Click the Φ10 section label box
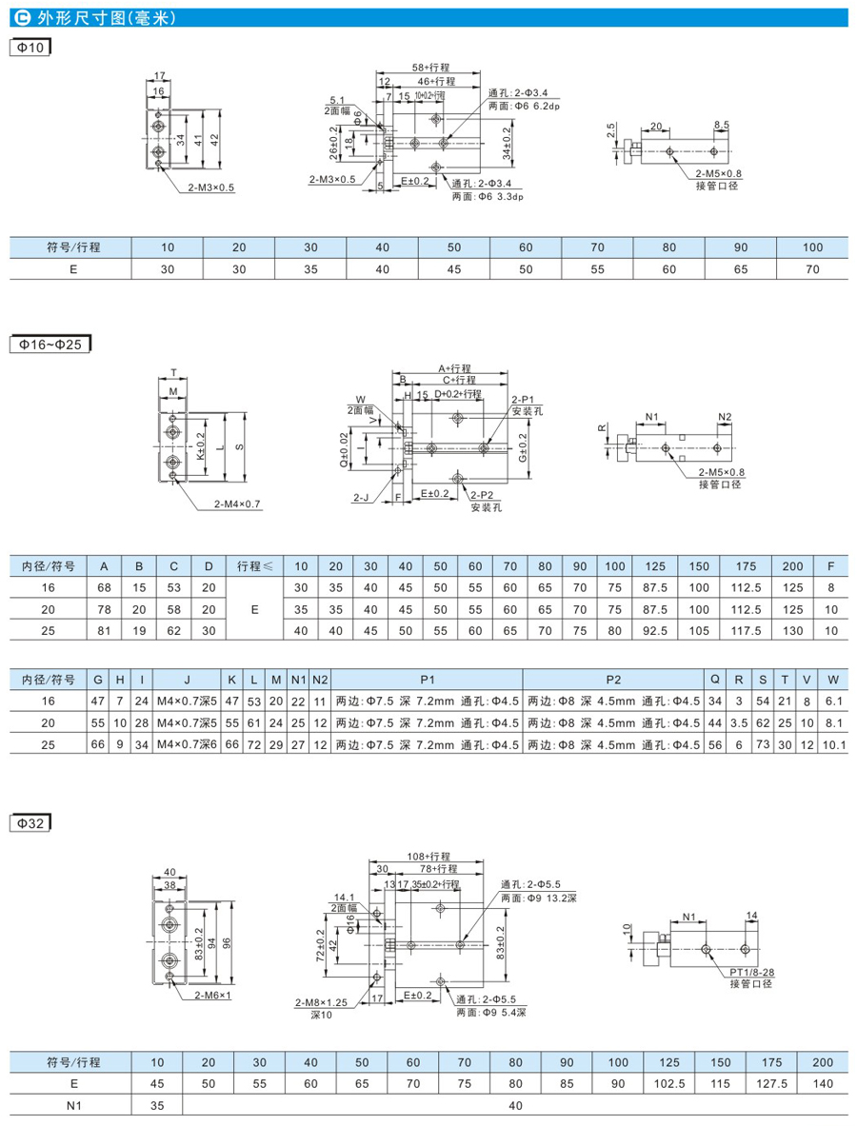tap(29, 47)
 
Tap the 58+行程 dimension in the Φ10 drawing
tap(430, 69)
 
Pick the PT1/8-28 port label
tap(751, 973)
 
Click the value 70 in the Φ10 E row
tap(811, 268)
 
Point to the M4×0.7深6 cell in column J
tap(188, 741)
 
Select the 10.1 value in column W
tap(833, 741)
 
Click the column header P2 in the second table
tap(612, 679)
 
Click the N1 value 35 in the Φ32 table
tap(156, 1104)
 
